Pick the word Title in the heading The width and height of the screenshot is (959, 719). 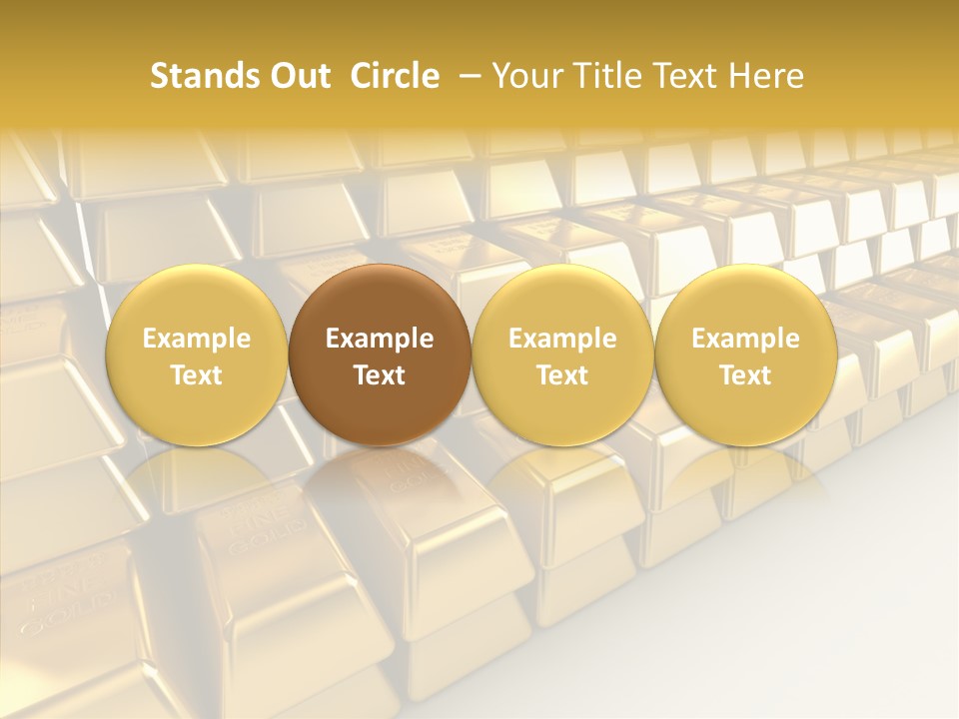(x=610, y=76)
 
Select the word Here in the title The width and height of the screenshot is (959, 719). (x=767, y=76)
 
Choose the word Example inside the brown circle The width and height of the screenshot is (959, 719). (x=380, y=339)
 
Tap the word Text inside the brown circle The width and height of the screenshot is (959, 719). (x=380, y=375)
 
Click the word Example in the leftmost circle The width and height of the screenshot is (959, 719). (x=196, y=339)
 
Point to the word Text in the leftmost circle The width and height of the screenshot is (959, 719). (x=196, y=375)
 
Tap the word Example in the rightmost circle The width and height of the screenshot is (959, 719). (x=746, y=339)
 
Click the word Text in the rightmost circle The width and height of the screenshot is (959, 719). (x=746, y=375)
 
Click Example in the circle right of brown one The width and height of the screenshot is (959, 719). (x=562, y=339)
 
